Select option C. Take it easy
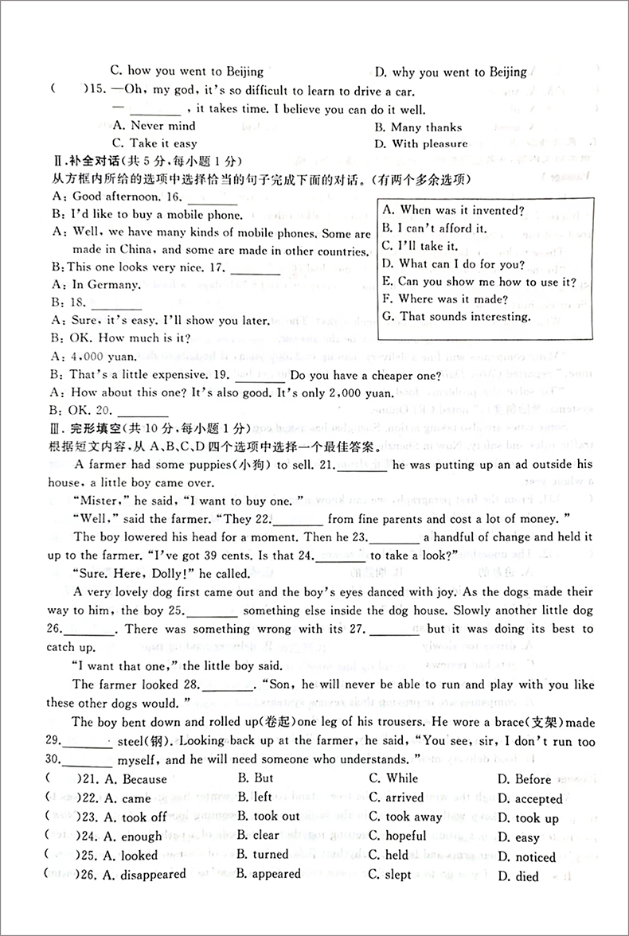point(154,143)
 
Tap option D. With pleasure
point(420,144)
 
